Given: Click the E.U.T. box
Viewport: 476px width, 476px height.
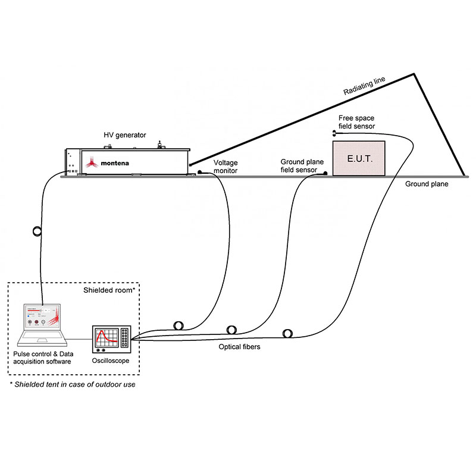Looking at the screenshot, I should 358,158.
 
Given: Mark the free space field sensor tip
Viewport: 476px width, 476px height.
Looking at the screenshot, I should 334,133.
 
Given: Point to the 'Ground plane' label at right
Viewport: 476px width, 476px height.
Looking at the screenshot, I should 427,184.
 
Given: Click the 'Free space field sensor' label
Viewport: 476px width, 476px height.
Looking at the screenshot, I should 356,122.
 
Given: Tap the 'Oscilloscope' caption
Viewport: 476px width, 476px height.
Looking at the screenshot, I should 111,361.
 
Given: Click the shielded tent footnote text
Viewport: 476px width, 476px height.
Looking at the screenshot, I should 73,384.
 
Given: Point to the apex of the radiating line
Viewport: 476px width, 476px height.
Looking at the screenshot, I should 412,74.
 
